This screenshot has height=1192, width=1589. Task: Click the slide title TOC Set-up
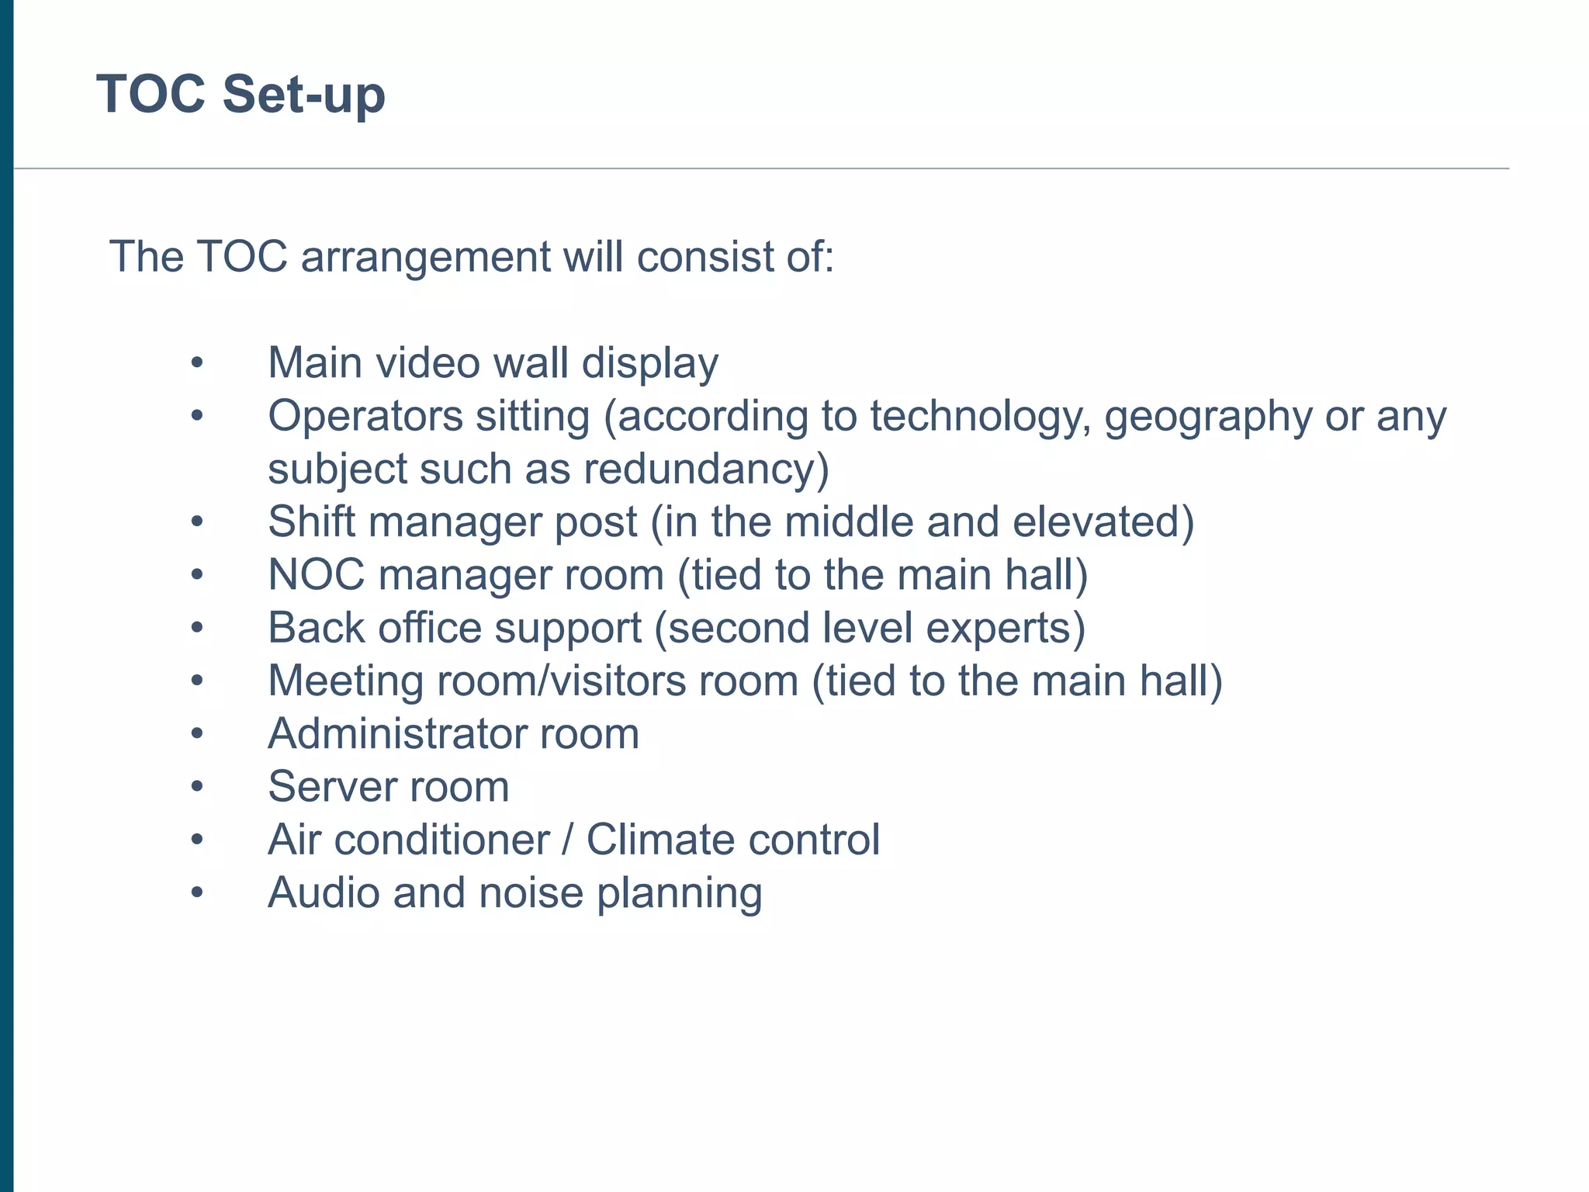tap(241, 95)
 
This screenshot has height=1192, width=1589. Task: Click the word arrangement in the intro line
tap(425, 257)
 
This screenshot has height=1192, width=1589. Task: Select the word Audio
tap(324, 892)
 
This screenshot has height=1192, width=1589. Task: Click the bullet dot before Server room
tap(197, 788)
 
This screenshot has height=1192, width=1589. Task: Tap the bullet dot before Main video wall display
tap(197, 363)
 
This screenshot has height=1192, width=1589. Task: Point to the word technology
tap(980, 418)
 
